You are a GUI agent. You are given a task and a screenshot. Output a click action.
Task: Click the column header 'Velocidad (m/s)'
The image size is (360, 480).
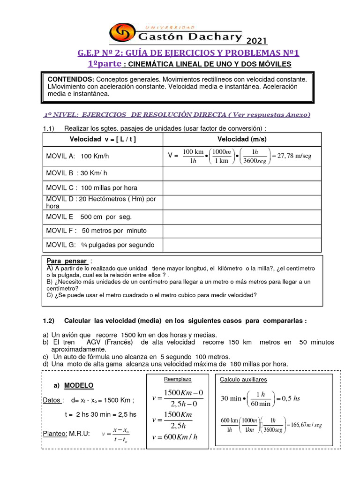242,139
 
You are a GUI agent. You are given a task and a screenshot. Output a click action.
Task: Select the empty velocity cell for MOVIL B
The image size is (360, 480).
242,173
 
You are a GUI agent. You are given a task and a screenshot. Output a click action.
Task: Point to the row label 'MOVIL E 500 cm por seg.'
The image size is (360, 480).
89,217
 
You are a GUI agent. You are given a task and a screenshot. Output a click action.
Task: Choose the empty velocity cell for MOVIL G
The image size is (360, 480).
242,245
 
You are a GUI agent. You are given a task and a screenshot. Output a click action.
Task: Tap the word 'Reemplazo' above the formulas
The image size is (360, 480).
177,379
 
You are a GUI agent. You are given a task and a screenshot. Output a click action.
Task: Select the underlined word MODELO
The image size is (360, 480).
79,385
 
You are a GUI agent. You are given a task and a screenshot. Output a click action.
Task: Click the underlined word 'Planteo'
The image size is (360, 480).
55,433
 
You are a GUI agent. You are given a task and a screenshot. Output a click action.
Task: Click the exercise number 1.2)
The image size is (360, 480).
49,321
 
